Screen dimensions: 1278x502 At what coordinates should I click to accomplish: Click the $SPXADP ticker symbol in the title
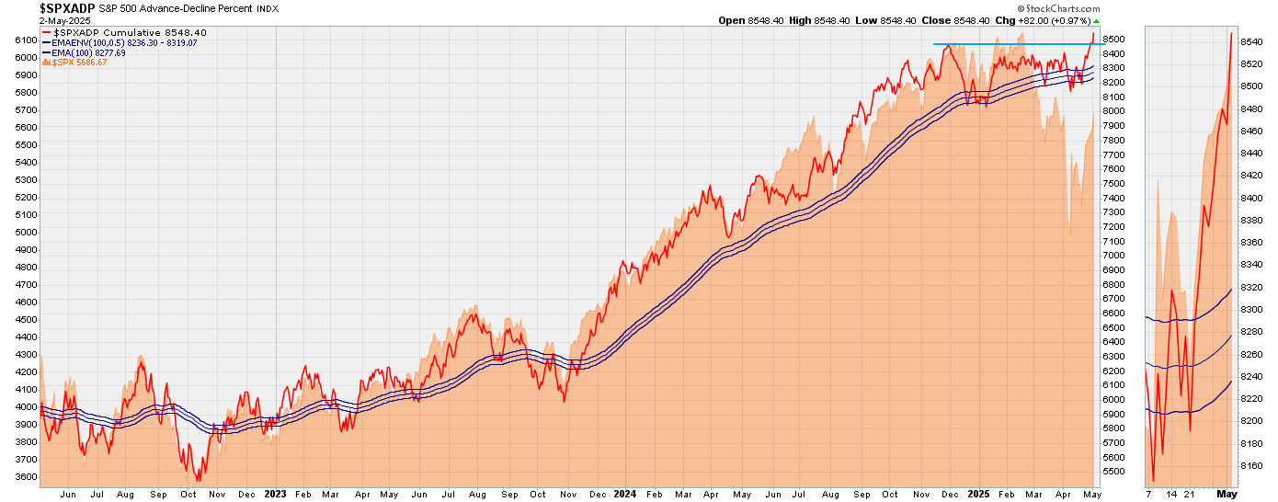[x=67, y=8]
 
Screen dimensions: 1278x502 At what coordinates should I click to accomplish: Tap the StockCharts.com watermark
[x=1058, y=8]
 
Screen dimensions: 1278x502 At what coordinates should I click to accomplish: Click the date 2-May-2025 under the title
[x=64, y=21]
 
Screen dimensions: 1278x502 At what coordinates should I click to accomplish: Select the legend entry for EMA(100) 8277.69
[x=84, y=53]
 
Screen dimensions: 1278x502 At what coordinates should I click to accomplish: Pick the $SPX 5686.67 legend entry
[x=74, y=63]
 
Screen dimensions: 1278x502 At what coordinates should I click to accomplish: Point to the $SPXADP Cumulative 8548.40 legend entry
[x=125, y=33]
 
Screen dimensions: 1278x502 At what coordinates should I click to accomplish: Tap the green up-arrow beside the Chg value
[x=1096, y=21]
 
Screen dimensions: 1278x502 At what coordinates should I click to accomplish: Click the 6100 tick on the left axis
[x=27, y=40]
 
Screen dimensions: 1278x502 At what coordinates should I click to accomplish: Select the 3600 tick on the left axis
[x=27, y=477]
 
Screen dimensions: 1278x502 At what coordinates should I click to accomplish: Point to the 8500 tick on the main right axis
[x=1113, y=40]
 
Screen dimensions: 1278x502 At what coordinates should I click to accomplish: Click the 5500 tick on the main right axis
[x=1113, y=472]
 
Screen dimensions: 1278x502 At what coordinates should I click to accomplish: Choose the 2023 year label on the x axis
[x=275, y=494]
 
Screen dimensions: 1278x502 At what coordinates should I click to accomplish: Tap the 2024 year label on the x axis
[x=624, y=494]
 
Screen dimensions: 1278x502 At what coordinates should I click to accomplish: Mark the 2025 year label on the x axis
[x=978, y=494]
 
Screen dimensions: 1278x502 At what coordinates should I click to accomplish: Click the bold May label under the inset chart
[x=1227, y=494]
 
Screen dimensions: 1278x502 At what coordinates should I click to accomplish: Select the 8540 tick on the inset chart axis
[x=1251, y=41]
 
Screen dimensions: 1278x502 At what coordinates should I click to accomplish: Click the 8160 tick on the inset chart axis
[x=1251, y=465]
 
